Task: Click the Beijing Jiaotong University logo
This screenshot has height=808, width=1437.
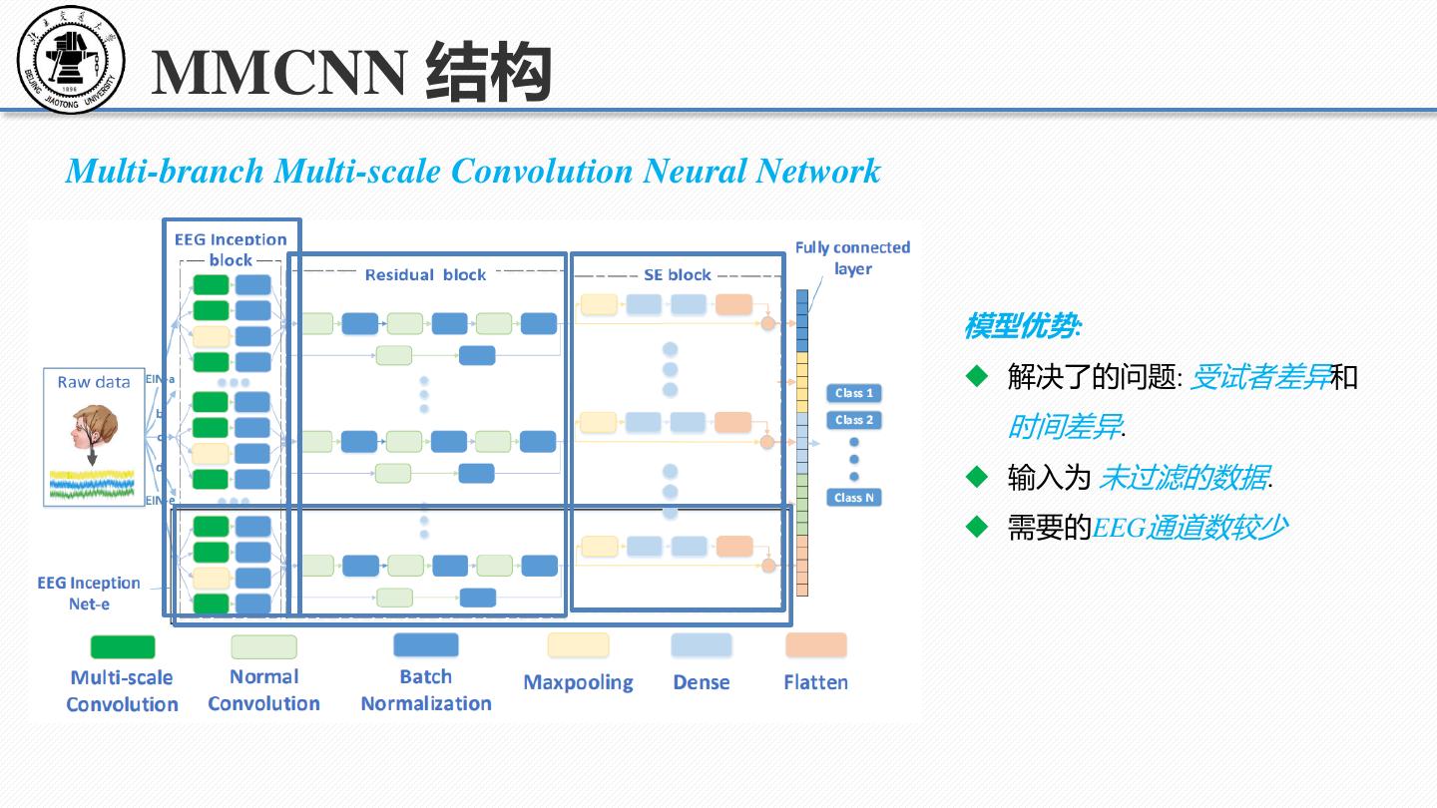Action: (71, 60)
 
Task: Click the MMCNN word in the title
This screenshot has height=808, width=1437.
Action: (278, 72)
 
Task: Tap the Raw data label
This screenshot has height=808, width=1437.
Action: (94, 382)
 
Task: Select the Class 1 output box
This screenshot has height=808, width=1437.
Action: (854, 393)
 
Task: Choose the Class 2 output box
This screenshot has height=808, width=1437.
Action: (854, 420)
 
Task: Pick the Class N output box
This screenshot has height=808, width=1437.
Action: (854, 497)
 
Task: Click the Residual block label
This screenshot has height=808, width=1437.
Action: (425, 274)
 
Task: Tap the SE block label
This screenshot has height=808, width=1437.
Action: (678, 274)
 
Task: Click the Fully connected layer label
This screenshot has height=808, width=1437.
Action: (852, 257)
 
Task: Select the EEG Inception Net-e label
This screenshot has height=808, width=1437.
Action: (89, 593)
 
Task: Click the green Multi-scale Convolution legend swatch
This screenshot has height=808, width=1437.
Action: (123, 646)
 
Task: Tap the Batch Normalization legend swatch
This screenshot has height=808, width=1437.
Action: (426, 644)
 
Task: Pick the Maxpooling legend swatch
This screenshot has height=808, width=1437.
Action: (578, 645)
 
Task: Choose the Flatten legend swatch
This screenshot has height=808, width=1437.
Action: (815, 645)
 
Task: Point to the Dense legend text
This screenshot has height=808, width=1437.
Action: (701, 683)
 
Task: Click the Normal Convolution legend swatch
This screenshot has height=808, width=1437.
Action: (263, 646)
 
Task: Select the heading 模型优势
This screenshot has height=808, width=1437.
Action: (1021, 326)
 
